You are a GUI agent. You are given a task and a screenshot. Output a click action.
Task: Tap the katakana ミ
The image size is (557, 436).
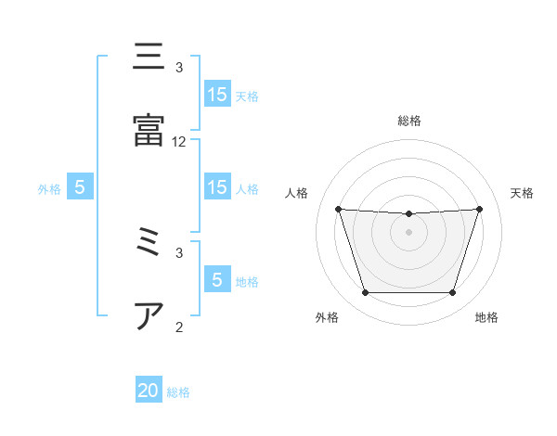click(x=149, y=243)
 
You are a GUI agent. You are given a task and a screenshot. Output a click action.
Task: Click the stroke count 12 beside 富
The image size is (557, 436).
click(x=179, y=142)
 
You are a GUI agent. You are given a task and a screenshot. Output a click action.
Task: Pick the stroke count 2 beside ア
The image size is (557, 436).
click(x=179, y=327)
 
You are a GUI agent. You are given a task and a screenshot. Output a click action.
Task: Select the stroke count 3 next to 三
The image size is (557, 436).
click(x=179, y=68)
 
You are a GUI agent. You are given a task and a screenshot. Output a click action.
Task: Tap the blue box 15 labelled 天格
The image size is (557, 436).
click(x=217, y=95)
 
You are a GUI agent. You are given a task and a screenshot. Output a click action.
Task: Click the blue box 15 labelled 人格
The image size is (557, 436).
click(x=217, y=187)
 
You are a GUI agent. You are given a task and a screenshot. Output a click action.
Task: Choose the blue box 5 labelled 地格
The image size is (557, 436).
click(x=217, y=280)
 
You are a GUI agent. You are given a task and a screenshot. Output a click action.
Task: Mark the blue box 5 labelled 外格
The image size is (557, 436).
click(x=80, y=187)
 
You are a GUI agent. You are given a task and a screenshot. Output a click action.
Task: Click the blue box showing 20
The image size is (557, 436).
click(x=149, y=391)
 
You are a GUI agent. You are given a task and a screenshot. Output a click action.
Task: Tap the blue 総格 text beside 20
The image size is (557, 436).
click(x=178, y=392)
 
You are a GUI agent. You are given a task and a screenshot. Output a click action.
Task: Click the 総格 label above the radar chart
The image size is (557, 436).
click(x=409, y=121)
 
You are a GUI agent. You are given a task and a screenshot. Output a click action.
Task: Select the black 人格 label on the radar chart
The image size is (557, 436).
click(x=298, y=193)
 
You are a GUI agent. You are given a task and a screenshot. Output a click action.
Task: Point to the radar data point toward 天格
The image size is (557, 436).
click(x=479, y=209)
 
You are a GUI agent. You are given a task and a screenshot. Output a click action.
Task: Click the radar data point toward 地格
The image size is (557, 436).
click(x=452, y=293)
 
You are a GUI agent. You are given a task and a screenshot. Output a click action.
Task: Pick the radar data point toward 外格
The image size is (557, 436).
click(x=365, y=293)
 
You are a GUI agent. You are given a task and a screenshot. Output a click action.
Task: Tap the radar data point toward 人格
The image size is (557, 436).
click(x=338, y=209)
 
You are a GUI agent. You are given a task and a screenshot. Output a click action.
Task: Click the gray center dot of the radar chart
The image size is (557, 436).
click(x=408, y=232)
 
